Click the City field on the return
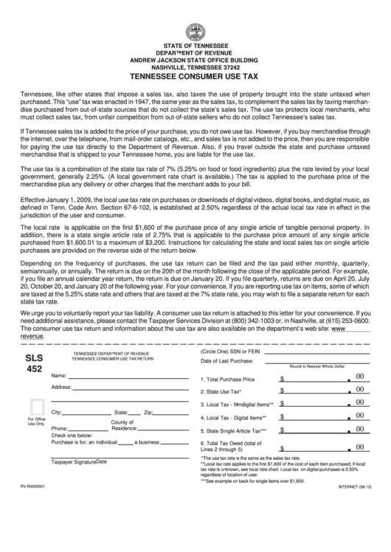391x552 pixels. [86, 413]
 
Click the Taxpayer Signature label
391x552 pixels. [74, 463]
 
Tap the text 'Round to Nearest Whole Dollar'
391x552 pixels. [317, 366]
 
